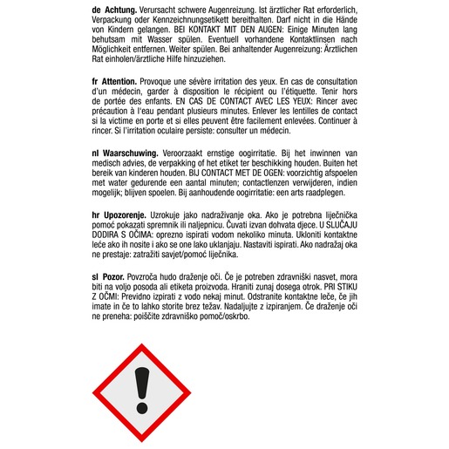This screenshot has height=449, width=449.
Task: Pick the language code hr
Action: (95, 211)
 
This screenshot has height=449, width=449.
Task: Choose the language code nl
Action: (95, 152)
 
